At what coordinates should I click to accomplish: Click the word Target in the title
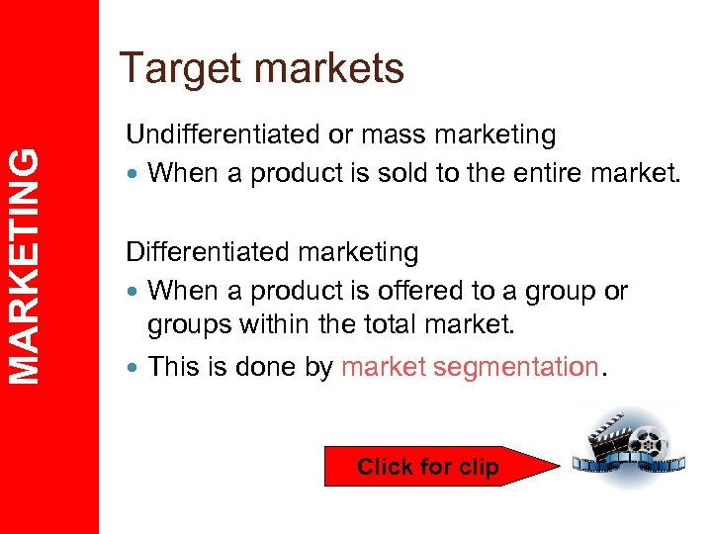[179, 69]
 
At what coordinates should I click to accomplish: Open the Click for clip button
[428, 467]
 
